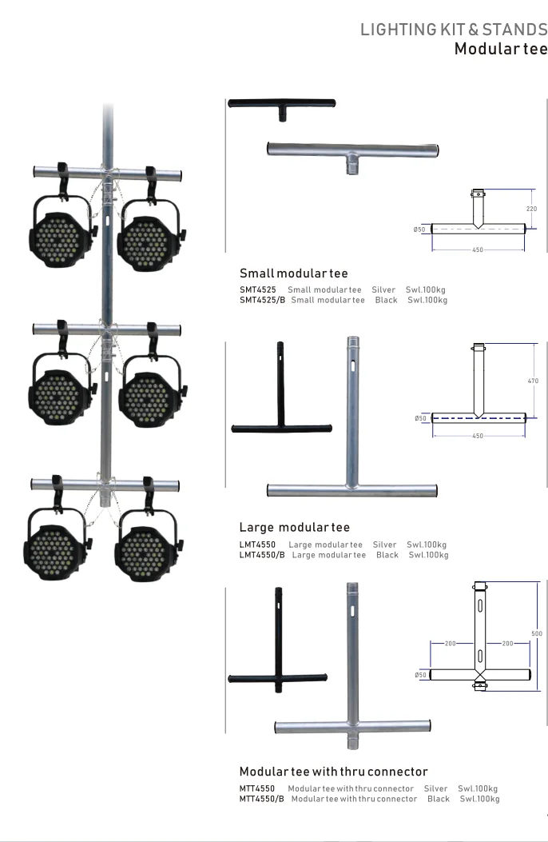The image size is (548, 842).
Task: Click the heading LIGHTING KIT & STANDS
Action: pos(453,30)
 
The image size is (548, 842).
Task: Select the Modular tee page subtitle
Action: pos(500,49)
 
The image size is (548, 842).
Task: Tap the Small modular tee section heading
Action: pos(293,273)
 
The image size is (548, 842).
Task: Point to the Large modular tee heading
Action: pos(294,528)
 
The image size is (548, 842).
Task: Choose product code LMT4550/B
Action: pos(262,555)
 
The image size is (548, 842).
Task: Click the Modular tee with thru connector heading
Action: pos(333,772)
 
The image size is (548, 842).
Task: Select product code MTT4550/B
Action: pos(261,799)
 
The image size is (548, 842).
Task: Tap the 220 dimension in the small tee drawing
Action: pos(531,208)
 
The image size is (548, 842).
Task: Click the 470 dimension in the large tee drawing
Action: pos(533,381)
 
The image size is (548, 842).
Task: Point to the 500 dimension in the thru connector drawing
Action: pos(536,633)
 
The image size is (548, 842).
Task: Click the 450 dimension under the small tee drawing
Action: pos(478,250)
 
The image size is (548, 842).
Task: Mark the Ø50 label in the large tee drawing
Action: pos(419,418)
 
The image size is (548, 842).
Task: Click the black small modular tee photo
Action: pos(281,106)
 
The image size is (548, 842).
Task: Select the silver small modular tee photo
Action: pos(351,152)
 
